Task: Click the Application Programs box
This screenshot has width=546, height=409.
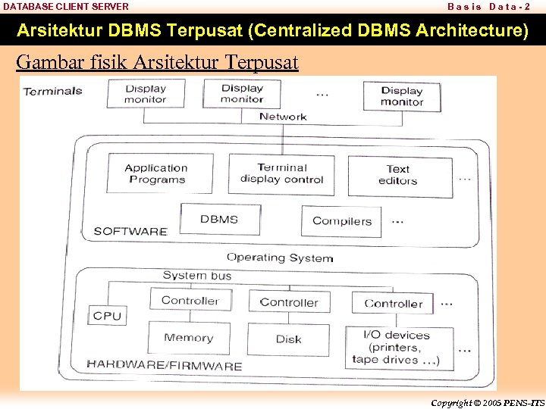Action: pyautogui.click(x=156, y=174)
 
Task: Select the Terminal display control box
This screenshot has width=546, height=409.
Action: pyautogui.click(x=281, y=174)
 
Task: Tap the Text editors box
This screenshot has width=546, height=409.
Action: pyautogui.click(x=398, y=175)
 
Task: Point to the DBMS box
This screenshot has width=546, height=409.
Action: pyautogui.click(x=219, y=220)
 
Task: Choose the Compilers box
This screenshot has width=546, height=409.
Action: pyautogui.click(x=342, y=221)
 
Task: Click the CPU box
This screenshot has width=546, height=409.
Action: pyautogui.click(x=107, y=316)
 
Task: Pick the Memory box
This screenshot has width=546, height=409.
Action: pyautogui.click(x=188, y=338)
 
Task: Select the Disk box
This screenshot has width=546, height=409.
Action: pyautogui.click(x=288, y=339)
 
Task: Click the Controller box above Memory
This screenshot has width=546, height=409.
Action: pyautogui.click(x=190, y=301)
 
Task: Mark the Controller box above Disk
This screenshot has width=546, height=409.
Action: pyautogui.click(x=289, y=302)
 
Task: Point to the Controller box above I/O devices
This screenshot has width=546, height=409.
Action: pyautogui.click(x=393, y=303)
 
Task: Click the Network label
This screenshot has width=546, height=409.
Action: pyautogui.click(x=283, y=117)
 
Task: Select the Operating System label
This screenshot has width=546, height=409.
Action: pyautogui.click(x=280, y=258)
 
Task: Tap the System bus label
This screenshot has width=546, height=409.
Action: pyautogui.click(x=197, y=276)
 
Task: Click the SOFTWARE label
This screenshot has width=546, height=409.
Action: pyautogui.click(x=130, y=231)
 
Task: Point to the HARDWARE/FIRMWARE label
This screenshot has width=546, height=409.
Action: pyautogui.click(x=165, y=365)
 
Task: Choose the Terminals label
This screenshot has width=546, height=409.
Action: pyautogui.click(x=53, y=91)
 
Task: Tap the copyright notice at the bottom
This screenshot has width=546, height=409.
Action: pyautogui.click(x=487, y=402)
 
